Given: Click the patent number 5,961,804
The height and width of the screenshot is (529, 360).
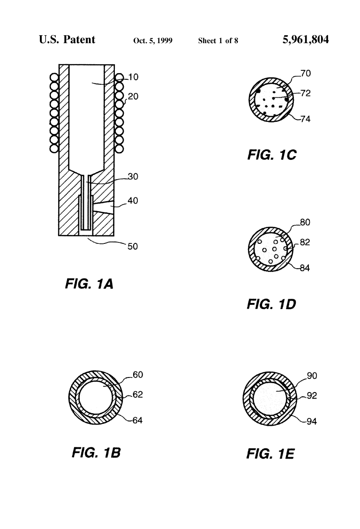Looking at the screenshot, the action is click(306, 40).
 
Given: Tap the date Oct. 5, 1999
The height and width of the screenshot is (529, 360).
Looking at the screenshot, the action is click(153, 41).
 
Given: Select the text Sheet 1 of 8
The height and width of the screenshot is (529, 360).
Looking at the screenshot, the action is click(218, 41).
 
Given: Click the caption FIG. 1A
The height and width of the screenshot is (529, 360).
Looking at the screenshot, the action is click(89, 284).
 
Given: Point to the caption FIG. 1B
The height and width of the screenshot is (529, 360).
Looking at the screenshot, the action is click(96, 453).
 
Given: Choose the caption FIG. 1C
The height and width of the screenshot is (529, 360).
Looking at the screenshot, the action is click(272, 155).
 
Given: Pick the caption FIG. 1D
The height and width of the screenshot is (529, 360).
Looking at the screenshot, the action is click(271, 304).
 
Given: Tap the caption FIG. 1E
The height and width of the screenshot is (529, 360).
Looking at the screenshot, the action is click(270, 454).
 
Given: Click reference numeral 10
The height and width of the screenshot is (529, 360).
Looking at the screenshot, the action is click(133, 77).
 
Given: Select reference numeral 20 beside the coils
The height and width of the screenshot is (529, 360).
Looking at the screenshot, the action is click(133, 97).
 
